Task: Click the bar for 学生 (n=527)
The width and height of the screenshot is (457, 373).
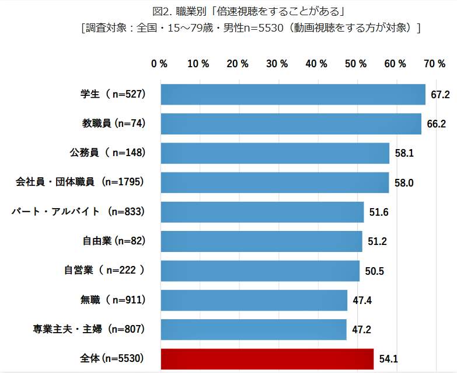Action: point(292,94)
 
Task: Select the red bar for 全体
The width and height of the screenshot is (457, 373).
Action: point(267,359)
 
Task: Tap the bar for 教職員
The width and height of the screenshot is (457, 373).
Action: point(291,124)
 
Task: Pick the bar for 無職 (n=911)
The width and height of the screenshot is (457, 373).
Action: point(253,301)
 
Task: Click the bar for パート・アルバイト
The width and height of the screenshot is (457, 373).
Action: point(261,212)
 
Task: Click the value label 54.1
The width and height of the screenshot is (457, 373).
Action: point(388,359)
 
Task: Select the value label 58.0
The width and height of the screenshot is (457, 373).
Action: point(404,182)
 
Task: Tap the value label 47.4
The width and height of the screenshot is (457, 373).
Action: point(362,301)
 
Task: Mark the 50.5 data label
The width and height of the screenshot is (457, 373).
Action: point(374,271)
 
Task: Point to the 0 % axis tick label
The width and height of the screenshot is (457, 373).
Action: point(159,64)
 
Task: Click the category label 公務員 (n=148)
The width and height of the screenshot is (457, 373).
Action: point(107,153)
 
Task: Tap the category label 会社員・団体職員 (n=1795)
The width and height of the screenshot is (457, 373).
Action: point(79,182)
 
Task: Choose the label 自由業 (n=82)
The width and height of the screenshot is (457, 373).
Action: point(113,241)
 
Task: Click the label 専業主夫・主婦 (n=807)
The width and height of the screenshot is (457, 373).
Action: point(89,330)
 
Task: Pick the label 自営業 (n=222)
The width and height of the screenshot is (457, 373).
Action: point(104,271)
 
